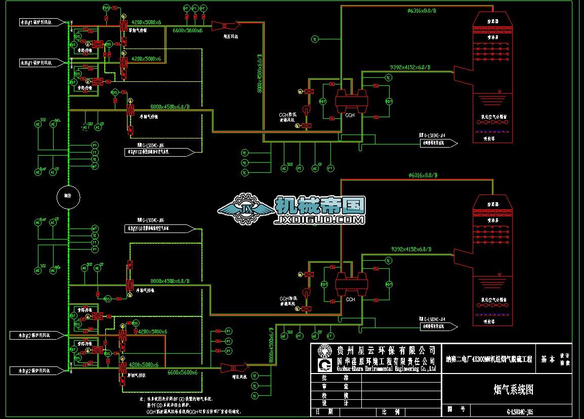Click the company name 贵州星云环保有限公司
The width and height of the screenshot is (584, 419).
(x=386, y=350)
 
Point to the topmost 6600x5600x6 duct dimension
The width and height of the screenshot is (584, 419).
(x=187, y=31)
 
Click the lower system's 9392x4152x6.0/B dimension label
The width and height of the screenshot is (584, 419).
(x=411, y=249)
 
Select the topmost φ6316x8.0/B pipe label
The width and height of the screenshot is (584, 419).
(x=422, y=11)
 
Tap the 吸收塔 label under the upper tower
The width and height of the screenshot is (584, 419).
(x=488, y=137)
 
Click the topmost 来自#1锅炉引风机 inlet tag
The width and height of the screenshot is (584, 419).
(x=35, y=22)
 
